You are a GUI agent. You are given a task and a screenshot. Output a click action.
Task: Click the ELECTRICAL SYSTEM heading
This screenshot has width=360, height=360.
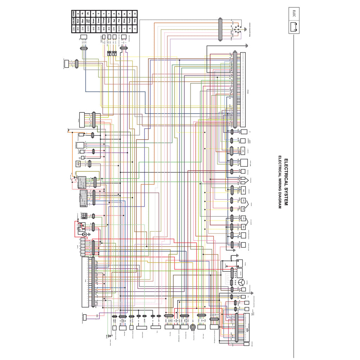tap(286, 182)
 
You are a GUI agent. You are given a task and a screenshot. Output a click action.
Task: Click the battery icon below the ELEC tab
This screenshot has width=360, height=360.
tap(294, 27)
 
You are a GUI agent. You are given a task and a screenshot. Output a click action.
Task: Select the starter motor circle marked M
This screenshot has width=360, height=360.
tap(84, 234)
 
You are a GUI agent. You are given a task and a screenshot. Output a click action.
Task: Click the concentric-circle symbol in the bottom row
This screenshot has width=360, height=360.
tap(193, 327)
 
